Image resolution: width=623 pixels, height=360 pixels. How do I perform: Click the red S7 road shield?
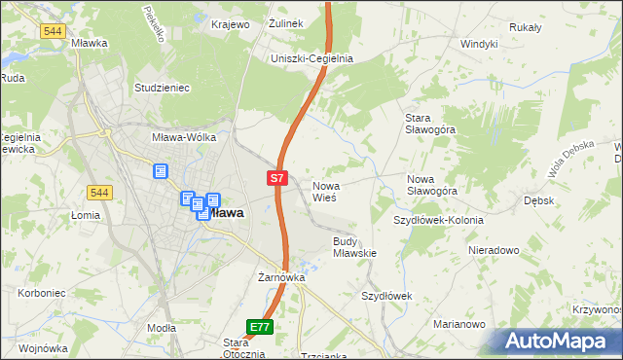point(277,178)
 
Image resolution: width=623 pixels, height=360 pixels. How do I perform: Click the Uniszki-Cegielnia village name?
point(311,58)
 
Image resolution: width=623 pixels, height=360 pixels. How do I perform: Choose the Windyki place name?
point(479,44)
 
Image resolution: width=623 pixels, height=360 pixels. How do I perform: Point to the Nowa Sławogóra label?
point(432,185)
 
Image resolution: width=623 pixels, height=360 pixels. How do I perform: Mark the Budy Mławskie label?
point(354,246)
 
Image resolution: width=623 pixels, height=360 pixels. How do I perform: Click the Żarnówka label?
point(281,277)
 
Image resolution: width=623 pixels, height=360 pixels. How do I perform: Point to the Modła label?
point(161,329)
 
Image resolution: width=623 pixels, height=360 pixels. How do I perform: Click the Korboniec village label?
point(41,292)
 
